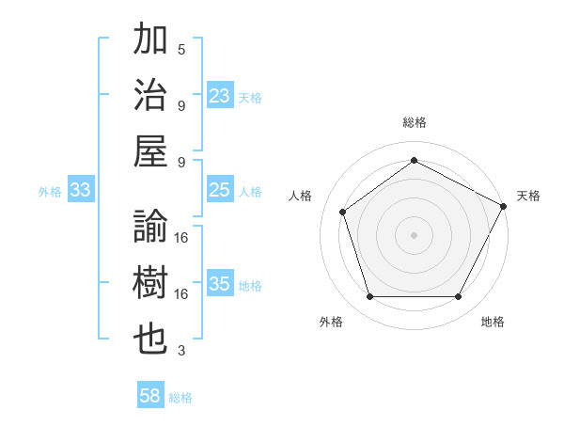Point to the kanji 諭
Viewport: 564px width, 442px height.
tap(151, 228)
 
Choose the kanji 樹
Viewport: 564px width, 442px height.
tap(151, 284)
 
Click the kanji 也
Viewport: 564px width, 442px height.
tap(151, 339)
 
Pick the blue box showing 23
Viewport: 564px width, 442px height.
tap(220, 96)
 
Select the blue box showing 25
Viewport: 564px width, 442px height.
tap(220, 191)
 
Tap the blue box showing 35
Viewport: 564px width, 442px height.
tap(220, 285)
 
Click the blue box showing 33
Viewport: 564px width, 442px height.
tap(81, 191)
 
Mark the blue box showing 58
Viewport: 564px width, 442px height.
tap(150, 397)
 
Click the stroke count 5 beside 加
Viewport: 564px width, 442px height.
tap(181, 49)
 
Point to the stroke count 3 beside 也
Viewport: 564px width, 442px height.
tap(181, 351)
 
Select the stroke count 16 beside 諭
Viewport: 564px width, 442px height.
tap(181, 237)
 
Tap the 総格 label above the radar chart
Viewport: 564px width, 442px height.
tap(414, 122)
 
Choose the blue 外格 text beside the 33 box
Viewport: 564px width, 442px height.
tap(50, 192)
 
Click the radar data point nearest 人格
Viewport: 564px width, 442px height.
tap(343, 212)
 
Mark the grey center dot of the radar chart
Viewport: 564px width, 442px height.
tap(414, 234)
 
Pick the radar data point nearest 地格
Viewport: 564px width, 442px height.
tap(458, 297)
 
